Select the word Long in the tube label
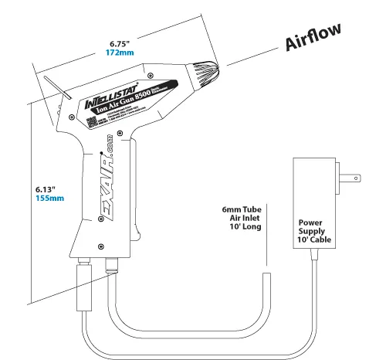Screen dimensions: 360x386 pos(255,227)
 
